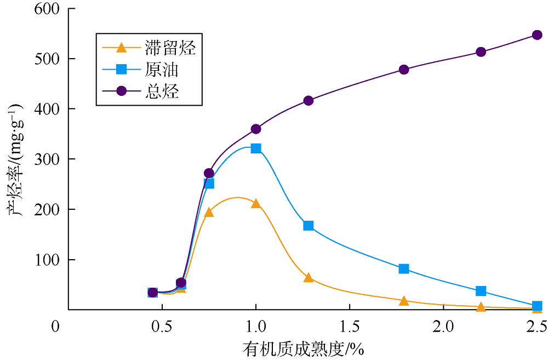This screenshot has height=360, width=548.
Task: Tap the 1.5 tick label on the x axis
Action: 349,327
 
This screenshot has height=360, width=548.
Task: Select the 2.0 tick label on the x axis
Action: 443,327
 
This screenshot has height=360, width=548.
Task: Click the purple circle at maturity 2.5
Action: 537,35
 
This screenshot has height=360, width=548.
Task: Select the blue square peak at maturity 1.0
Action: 256,148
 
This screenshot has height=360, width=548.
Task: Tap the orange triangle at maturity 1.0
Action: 256,204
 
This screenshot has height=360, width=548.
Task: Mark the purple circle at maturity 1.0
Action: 256,129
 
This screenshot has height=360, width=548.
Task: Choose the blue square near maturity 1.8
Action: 404,268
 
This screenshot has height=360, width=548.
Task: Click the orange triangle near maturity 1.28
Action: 309,278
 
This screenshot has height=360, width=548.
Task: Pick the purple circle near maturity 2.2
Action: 481,52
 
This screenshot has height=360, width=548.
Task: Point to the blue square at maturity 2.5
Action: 537,306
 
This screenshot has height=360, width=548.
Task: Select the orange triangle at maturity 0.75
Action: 209,212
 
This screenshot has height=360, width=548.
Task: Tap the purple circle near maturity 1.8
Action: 404,70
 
